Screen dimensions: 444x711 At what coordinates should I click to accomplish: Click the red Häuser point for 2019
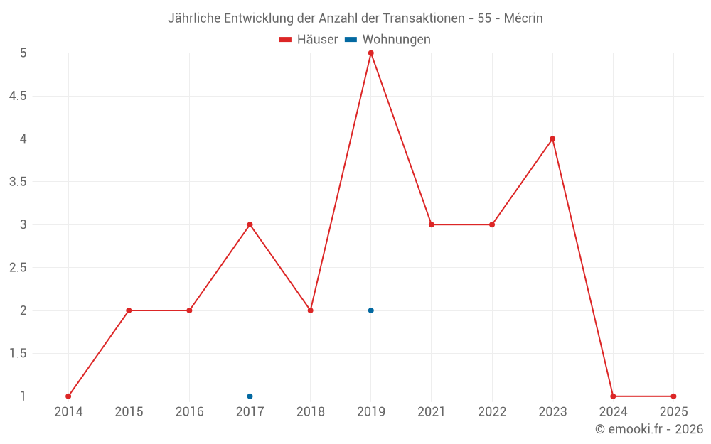371,53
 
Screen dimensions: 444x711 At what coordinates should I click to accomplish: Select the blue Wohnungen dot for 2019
371,310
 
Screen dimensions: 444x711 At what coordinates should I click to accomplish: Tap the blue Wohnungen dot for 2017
250,396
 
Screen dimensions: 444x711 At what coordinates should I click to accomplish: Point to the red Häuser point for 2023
552,139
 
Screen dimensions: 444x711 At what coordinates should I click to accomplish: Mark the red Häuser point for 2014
68,396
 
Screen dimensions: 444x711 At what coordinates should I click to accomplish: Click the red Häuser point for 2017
250,224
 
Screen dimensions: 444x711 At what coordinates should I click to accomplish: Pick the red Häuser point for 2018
311,310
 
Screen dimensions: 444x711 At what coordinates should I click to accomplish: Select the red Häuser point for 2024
613,396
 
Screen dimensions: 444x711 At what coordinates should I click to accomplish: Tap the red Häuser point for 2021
432,224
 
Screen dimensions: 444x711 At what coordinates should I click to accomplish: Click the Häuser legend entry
309,40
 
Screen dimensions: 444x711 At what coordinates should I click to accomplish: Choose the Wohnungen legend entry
388,40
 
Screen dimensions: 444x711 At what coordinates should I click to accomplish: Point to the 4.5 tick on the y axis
18,96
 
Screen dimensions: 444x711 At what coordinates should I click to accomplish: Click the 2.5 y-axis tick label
18,268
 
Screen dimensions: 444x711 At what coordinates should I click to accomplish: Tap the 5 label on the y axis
23,53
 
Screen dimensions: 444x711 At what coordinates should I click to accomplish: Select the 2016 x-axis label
189,412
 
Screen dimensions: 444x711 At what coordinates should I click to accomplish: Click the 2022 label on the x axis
492,412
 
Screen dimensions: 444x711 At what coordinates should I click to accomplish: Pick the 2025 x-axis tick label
673,412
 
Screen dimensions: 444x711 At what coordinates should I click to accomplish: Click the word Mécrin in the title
523,18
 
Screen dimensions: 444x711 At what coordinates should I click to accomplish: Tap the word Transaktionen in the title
424,18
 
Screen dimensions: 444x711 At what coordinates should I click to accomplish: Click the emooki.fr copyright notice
649,429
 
